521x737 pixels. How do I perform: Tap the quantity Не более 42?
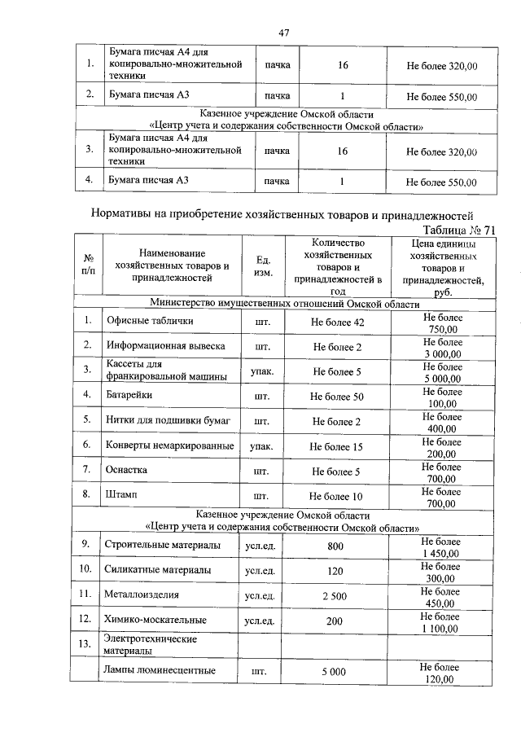pyautogui.click(x=337, y=322)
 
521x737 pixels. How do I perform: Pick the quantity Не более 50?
pyautogui.click(x=337, y=396)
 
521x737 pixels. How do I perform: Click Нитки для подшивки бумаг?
pyautogui.click(x=169, y=421)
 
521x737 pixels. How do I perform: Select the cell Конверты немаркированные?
pyautogui.click(x=169, y=446)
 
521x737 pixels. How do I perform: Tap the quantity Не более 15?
pyautogui.click(x=337, y=446)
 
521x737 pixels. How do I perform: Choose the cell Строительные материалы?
pyautogui.click(x=163, y=545)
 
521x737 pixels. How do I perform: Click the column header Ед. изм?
pyautogui.click(x=263, y=265)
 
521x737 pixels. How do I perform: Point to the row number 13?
pyautogui.click(x=85, y=644)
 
